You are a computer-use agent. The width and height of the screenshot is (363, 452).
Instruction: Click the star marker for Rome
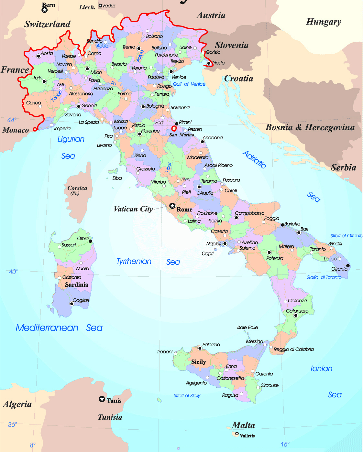pyautogui.click(x=172, y=206)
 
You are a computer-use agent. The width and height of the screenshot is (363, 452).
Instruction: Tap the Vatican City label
pyautogui.click(x=133, y=209)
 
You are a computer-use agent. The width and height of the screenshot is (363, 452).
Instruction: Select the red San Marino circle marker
pyautogui.click(x=174, y=128)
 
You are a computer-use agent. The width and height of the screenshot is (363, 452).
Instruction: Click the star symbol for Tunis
pyautogui.click(x=102, y=399)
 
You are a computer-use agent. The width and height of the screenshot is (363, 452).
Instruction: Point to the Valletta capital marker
pyautogui.click(x=237, y=434)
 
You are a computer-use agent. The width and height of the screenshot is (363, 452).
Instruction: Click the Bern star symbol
pyautogui.click(x=45, y=10)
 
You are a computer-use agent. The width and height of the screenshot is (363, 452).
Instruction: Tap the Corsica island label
pyautogui.click(x=77, y=190)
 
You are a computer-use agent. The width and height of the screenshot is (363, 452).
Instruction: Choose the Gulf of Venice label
pyautogui.click(x=189, y=84)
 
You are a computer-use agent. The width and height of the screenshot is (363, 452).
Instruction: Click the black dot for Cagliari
pyautogui.click(x=72, y=304)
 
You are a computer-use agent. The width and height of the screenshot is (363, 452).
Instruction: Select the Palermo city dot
pyautogui.click(x=200, y=348)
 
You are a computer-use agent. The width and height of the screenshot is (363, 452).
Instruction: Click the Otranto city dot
pyautogui.click(x=348, y=266)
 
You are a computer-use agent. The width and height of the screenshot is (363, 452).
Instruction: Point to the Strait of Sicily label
pyautogui.click(x=187, y=395)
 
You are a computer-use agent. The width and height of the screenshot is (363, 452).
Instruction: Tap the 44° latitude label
pyautogui.click(x=11, y=120)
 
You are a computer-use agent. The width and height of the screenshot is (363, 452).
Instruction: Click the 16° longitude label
pyautogui.click(x=285, y=444)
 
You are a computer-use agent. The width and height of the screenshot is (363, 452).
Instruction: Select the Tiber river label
pyautogui.click(x=168, y=167)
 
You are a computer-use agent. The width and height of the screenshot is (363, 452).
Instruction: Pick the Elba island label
pyautogui.click(x=117, y=178)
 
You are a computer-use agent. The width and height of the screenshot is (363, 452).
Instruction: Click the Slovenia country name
pyautogui.click(x=232, y=45)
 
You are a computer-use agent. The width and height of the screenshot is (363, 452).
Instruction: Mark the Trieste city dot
pyautogui.click(x=209, y=63)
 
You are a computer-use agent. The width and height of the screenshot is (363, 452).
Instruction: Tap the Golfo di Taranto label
pyautogui.click(x=324, y=277)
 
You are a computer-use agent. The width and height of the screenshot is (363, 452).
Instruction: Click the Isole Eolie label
pyautogui.click(x=247, y=328)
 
